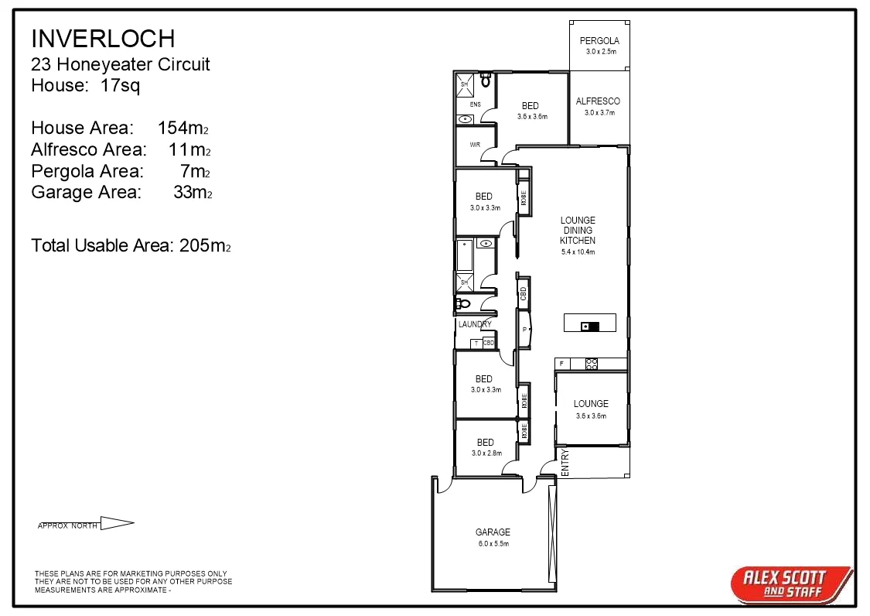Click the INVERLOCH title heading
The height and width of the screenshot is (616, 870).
coord(103,38)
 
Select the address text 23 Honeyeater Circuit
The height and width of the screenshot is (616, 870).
coord(120,64)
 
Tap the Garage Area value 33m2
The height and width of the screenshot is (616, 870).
coord(192,193)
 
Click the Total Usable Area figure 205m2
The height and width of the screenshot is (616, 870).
coord(205,246)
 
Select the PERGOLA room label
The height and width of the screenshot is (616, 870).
coord(599,41)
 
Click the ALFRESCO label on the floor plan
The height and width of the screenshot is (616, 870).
coord(598,101)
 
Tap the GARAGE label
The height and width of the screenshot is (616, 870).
coord(493,532)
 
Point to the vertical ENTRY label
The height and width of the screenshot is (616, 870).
coord(564,462)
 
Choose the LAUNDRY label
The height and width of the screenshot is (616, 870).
coord(475,324)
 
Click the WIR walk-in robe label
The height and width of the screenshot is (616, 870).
coord(475,145)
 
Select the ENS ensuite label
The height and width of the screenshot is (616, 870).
coord(475,104)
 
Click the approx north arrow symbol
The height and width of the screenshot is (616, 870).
coord(117,524)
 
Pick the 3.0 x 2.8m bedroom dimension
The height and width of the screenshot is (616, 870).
coord(486,453)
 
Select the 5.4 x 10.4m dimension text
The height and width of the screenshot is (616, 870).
coord(578,252)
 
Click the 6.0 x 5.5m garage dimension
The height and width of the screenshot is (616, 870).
coord(493,543)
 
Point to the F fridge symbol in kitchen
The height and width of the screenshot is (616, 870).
coord(561,363)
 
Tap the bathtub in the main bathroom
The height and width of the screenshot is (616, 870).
coord(464,255)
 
